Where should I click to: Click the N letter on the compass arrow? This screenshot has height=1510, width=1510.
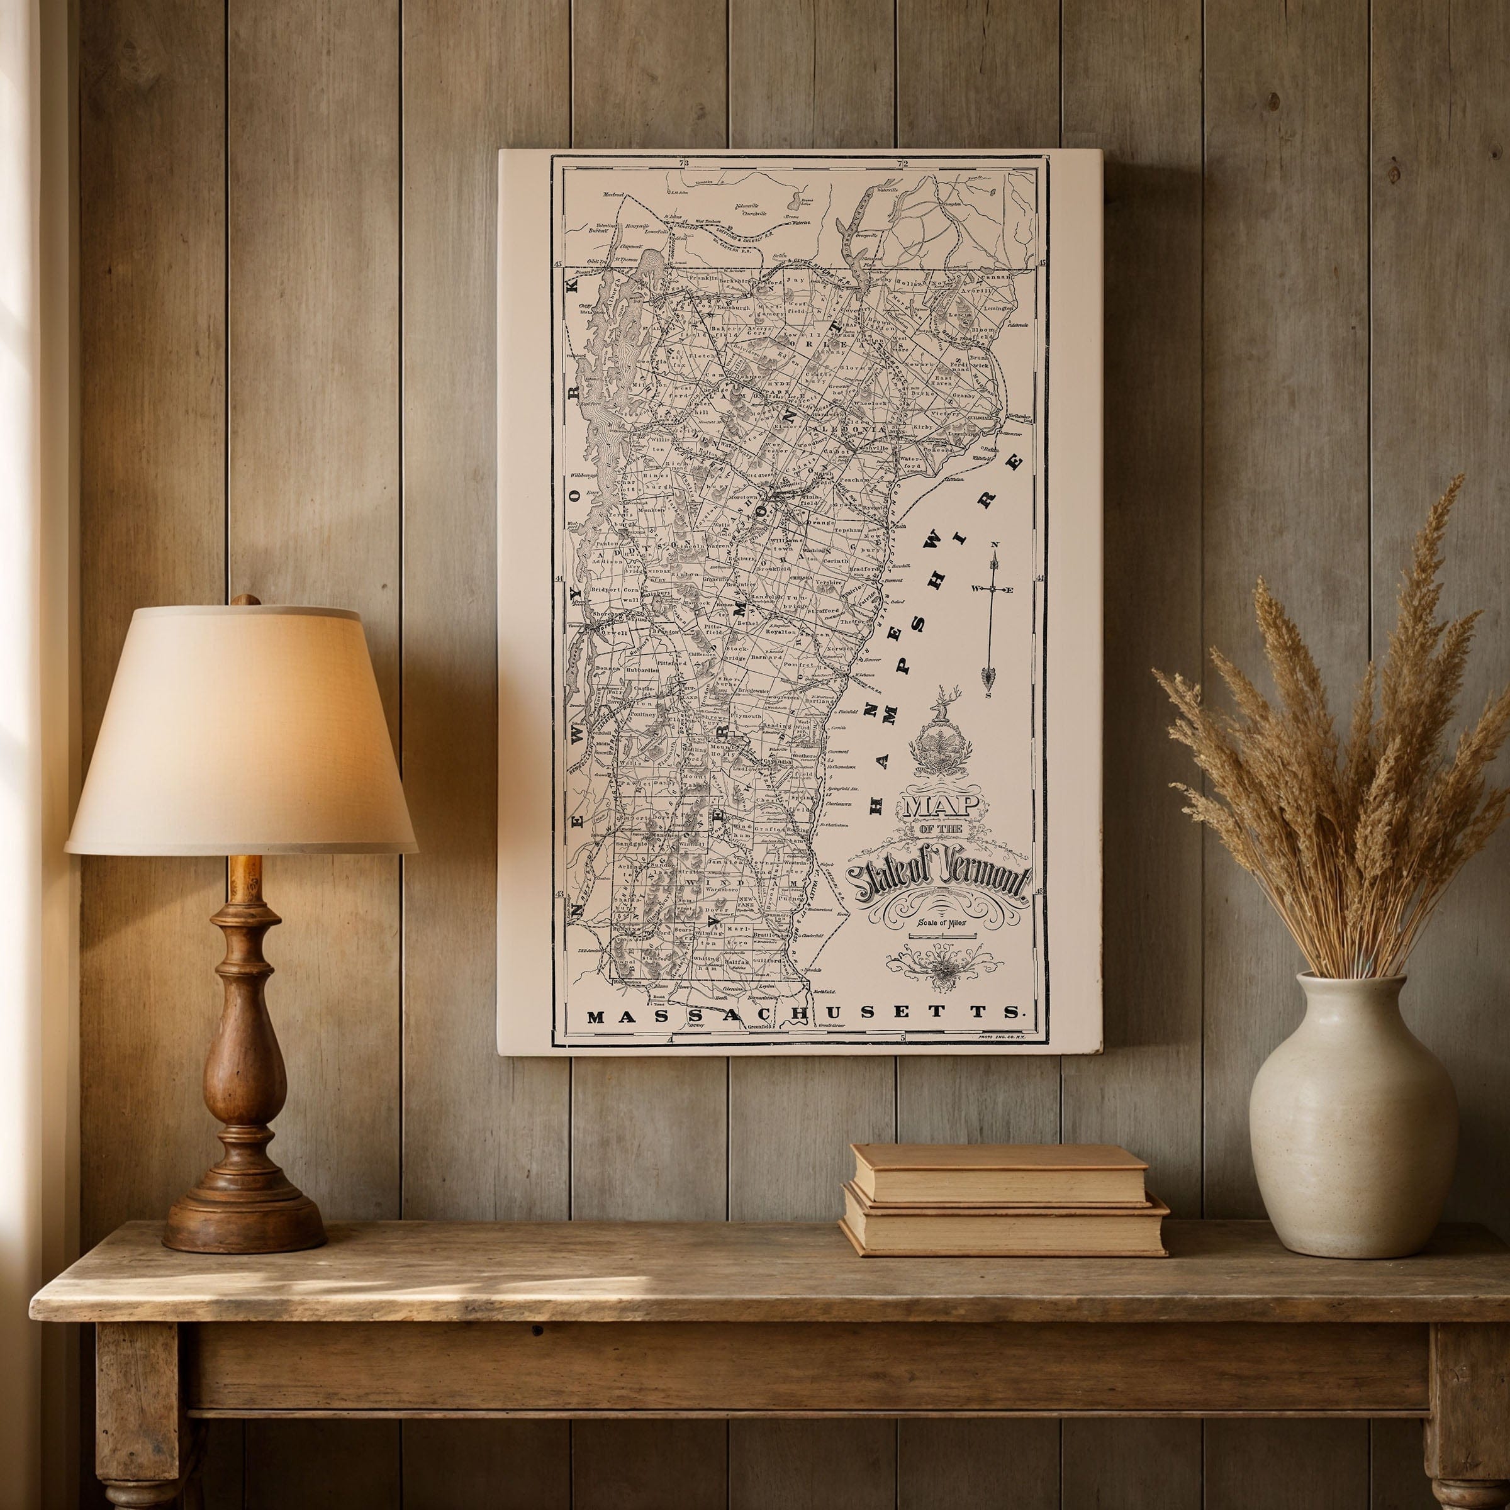(x=994, y=545)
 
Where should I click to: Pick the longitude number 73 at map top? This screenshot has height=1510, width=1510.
(x=685, y=164)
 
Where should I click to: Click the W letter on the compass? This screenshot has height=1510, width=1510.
(x=977, y=588)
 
